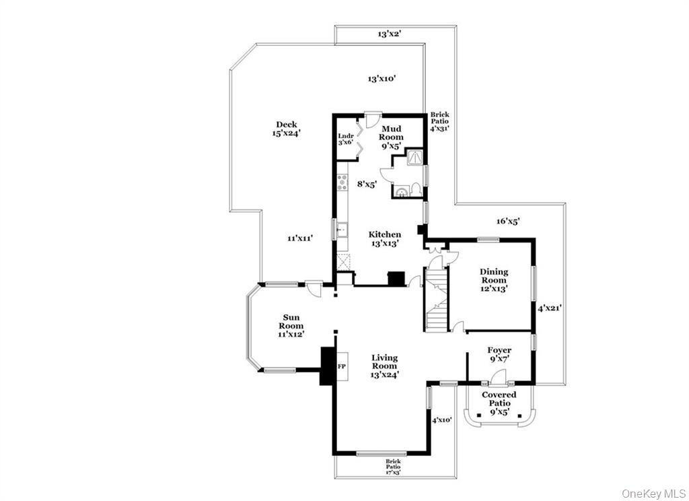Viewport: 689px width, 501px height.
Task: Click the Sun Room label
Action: click(x=291, y=325)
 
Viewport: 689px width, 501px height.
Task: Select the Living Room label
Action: click(x=385, y=366)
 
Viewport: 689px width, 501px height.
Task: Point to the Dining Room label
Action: click(x=494, y=279)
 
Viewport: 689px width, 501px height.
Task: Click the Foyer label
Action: click(x=499, y=354)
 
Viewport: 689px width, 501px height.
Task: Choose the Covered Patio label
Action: click(x=499, y=403)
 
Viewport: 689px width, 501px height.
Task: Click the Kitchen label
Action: click(x=385, y=238)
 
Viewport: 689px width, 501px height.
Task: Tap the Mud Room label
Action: click(x=392, y=136)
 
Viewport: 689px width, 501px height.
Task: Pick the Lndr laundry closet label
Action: click(x=346, y=139)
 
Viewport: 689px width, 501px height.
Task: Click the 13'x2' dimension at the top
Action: click(x=389, y=34)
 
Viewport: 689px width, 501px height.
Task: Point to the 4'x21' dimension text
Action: click(x=549, y=308)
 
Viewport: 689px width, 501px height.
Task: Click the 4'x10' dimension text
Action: click(x=442, y=420)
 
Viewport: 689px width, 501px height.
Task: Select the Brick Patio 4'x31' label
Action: click(x=440, y=121)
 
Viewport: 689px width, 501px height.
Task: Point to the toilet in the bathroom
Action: click(x=416, y=188)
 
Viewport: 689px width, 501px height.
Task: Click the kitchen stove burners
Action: click(x=342, y=182)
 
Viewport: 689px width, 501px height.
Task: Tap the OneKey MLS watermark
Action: click(x=652, y=493)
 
